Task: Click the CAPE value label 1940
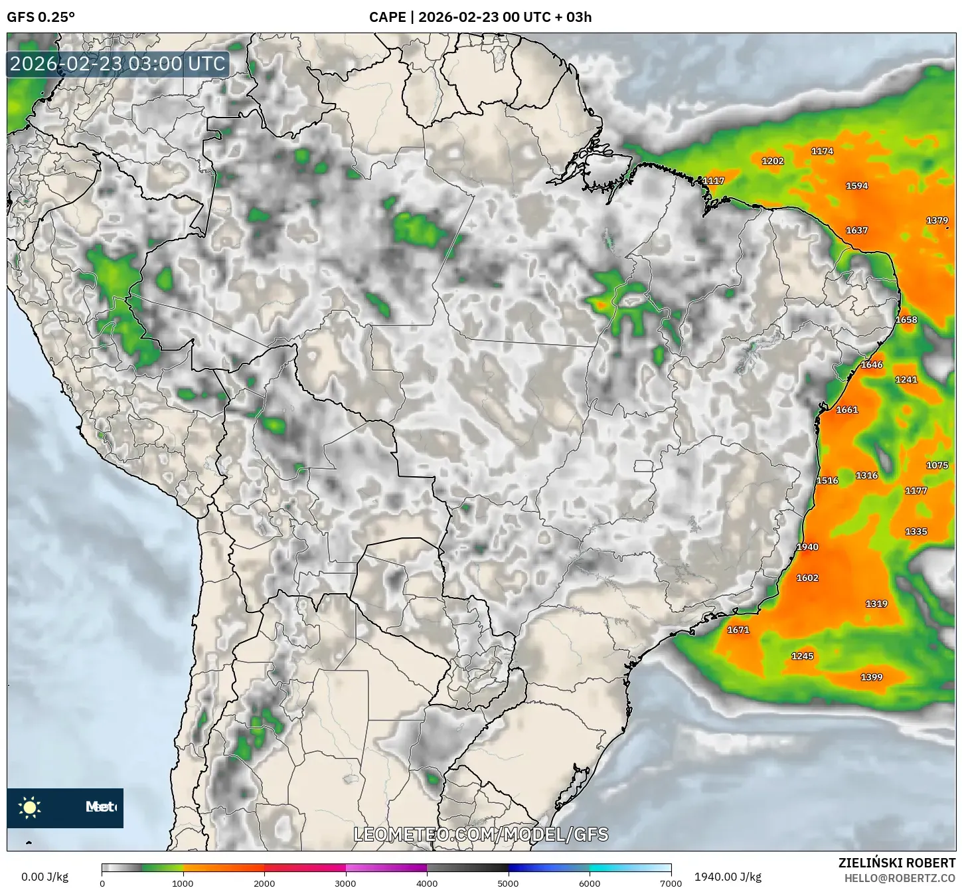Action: tap(807, 547)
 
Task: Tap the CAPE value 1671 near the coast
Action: tap(738, 630)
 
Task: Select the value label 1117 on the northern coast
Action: tap(714, 181)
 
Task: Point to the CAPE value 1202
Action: tap(773, 161)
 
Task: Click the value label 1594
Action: tap(856, 186)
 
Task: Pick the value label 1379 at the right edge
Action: tap(937, 221)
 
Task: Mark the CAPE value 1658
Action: tap(906, 319)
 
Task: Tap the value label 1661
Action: tap(847, 410)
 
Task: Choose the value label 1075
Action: tap(937, 465)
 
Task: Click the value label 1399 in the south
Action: tap(872, 677)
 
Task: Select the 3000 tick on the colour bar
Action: tap(346, 883)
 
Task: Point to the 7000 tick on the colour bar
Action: tap(671, 883)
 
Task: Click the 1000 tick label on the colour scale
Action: tap(183, 883)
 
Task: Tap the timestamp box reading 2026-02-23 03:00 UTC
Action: tap(118, 64)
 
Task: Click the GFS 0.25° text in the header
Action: tap(40, 17)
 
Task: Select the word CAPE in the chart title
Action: tap(387, 17)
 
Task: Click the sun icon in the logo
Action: tap(30, 807)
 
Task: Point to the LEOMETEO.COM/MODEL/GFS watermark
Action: tap(481, 834)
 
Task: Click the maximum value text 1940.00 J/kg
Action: tap(728, 877)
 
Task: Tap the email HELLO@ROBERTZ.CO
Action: tap(900, 878)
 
